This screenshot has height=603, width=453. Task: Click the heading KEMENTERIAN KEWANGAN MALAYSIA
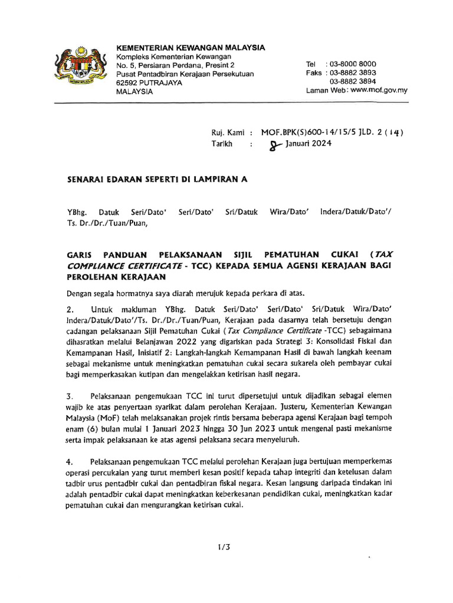point(191,47)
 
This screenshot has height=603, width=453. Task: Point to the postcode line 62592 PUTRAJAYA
point(149,83)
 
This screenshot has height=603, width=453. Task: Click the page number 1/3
point(224,547)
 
